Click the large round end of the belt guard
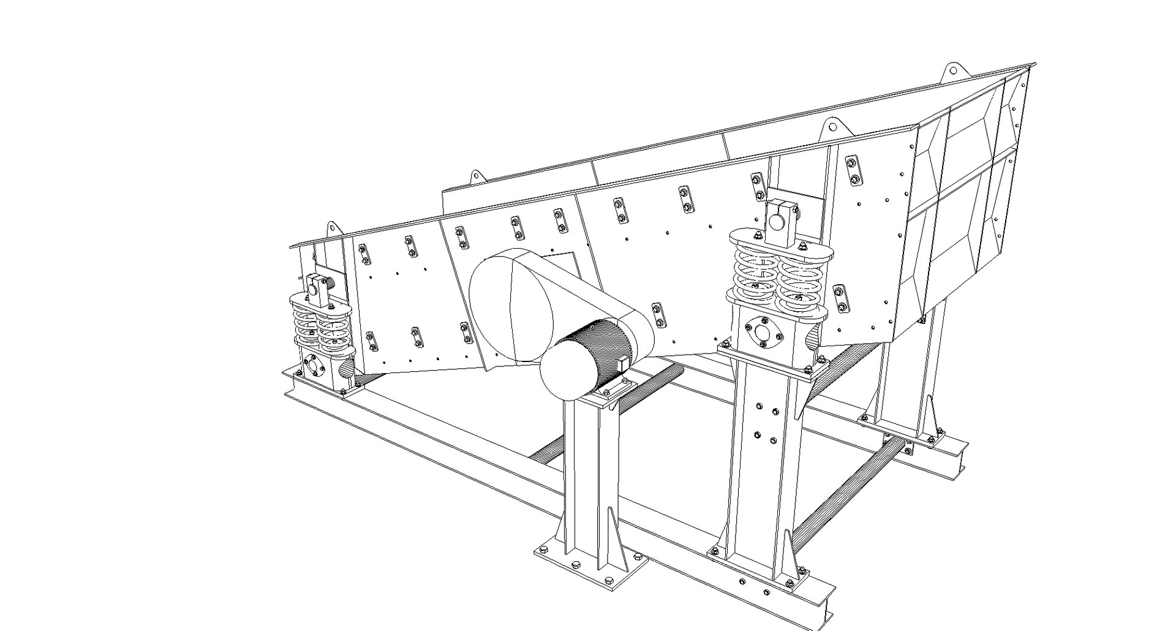[511, 306]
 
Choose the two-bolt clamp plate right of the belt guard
[657, 314]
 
